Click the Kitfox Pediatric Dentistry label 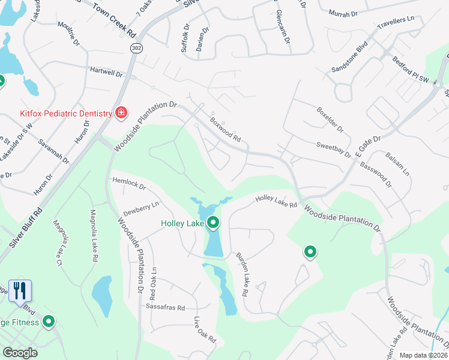(62, 113)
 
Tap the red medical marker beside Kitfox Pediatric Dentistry (121, 113)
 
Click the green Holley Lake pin (213, 224)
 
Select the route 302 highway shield (136, 49)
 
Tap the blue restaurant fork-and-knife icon (20, 291)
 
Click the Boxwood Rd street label (226, 129)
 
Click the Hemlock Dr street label (129, 184)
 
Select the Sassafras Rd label (164, 307)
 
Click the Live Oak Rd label (205, 329)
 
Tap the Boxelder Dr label (330, 120)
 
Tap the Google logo (20, 352)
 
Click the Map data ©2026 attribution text (423, 355)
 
